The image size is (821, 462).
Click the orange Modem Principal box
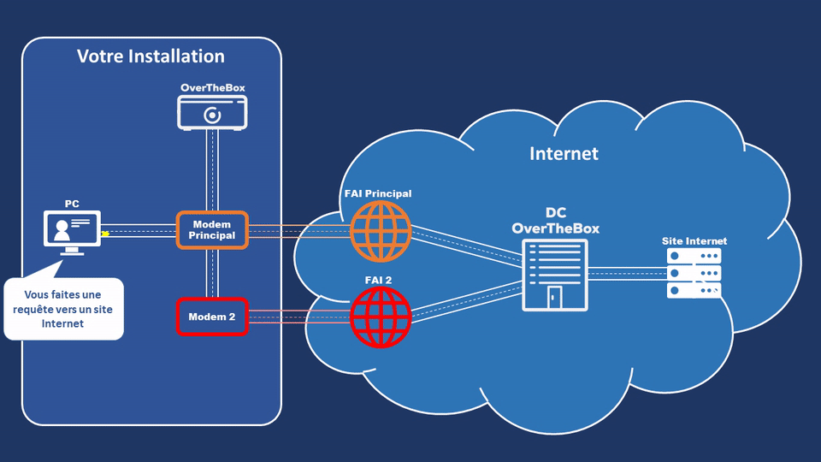212,230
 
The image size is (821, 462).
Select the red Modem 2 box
212,317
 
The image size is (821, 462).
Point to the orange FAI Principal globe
380,231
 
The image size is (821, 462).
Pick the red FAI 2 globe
380,317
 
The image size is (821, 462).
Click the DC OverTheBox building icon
555,274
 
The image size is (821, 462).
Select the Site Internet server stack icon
694,273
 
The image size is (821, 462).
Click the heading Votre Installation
151,56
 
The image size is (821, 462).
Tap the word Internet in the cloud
564,154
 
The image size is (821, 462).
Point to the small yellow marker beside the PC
105,233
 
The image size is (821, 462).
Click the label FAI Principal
377,193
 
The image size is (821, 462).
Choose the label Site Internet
694,241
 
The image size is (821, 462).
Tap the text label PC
72,204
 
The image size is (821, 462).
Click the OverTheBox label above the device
212,88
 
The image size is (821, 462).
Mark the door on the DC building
555,297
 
